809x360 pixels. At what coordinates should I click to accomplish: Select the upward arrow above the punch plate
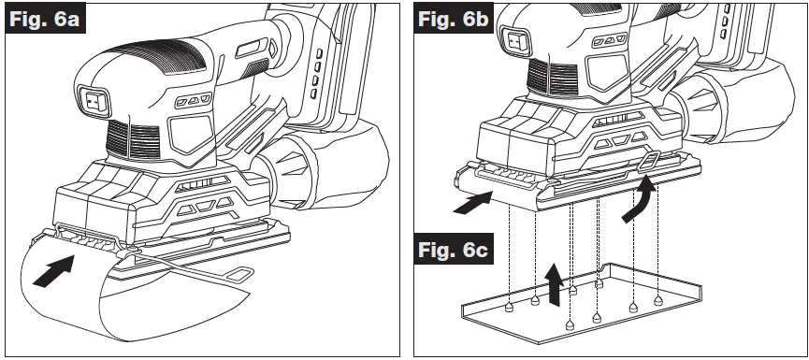coord(556,281)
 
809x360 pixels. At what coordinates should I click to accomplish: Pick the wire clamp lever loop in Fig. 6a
coord(241,274)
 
